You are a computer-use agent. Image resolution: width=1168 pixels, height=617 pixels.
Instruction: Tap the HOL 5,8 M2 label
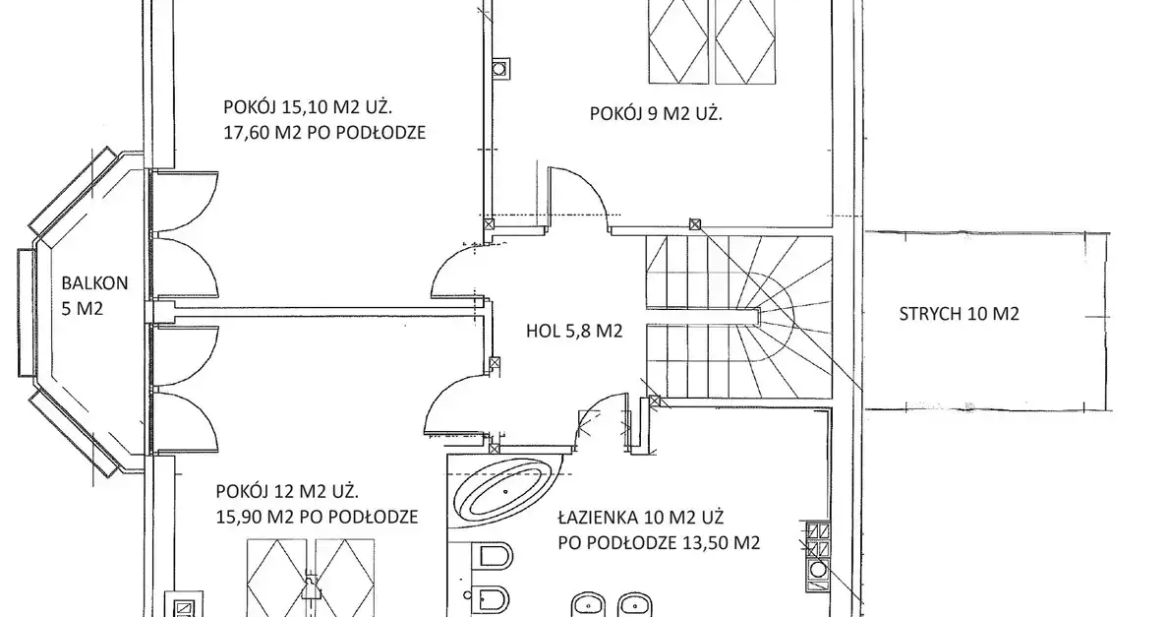pyautogui.click(x=573, y=331)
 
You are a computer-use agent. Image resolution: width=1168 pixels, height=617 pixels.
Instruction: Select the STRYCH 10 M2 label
pyautogui.click(x=959, y=314)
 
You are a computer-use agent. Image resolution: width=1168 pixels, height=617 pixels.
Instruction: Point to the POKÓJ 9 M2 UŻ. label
pyautogui.click(x=656, y=114)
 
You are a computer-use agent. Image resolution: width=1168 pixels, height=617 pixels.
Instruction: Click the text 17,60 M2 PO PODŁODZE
pyautogui.click(x=324, y=133)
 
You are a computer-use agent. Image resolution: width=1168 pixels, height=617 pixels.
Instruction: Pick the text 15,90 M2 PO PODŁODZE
pyautogui.click(x=317, y=517)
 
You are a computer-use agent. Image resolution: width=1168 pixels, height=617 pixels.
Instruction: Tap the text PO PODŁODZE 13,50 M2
pyautogui.click(x=660, y=542)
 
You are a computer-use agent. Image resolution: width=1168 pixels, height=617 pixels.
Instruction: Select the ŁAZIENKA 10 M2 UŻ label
pyautogui.click(x=641, y=518)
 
